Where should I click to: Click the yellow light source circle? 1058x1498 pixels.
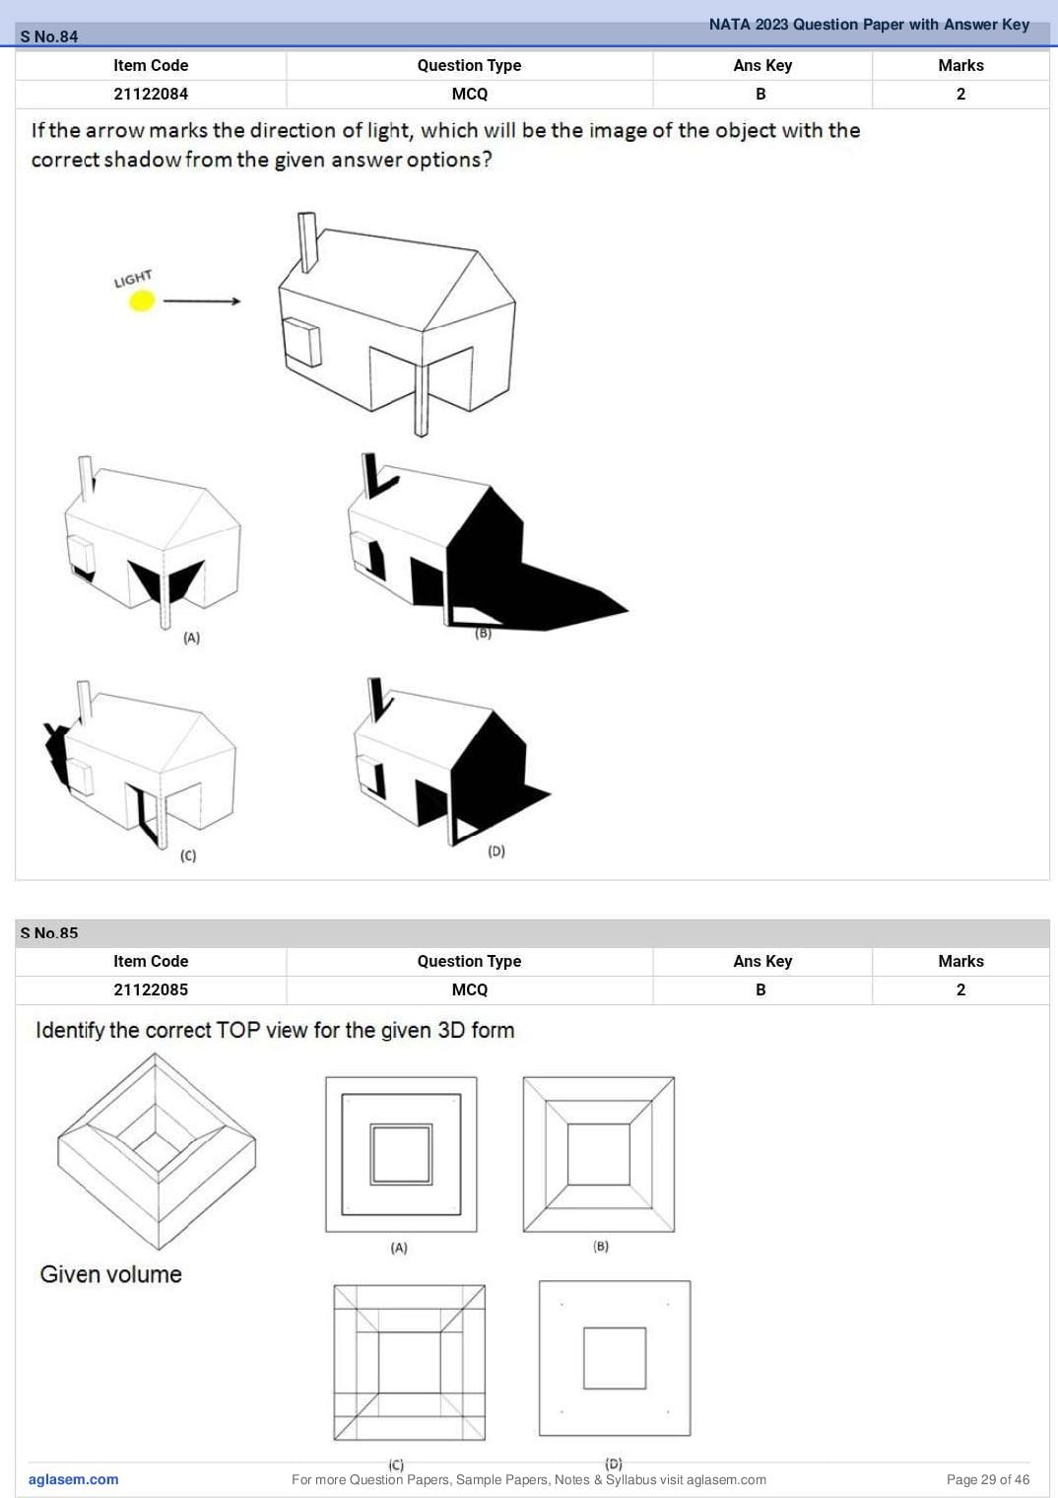142,301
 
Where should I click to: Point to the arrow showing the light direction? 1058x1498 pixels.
202,302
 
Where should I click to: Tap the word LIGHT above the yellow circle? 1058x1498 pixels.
133,278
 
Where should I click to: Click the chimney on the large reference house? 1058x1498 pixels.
307,242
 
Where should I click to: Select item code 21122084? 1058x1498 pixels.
151,94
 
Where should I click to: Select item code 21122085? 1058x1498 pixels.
151,989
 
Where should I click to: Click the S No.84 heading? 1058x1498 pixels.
49,36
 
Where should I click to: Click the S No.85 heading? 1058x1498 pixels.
49,933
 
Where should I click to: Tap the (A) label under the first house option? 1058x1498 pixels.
192,638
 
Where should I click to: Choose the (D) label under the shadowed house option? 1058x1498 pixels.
496,851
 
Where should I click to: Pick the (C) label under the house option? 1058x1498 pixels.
188,855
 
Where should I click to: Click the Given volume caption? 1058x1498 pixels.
111,1274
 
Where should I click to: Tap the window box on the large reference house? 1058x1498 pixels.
302,342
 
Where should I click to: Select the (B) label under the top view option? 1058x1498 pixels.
602,1246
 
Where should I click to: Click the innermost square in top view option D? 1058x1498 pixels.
615,1358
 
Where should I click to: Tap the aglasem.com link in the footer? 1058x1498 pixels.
74,1479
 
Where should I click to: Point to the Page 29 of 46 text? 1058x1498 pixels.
988,1479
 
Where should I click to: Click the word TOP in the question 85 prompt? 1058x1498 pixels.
238,1030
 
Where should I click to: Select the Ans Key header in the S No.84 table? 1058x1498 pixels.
762,65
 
